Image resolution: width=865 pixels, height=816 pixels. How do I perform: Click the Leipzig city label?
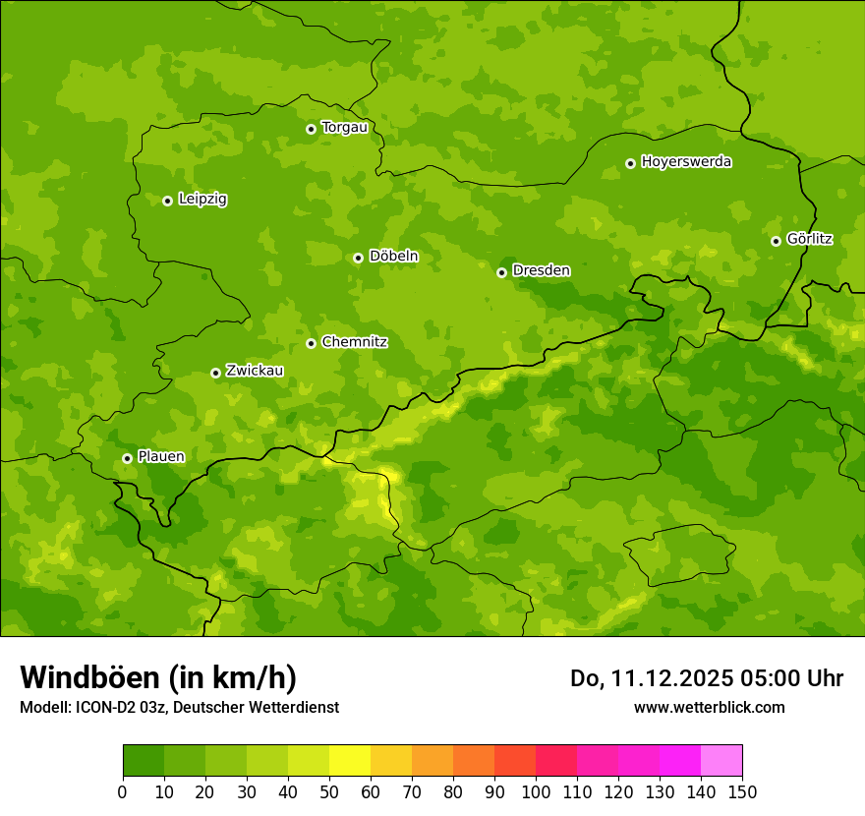coord(202,200)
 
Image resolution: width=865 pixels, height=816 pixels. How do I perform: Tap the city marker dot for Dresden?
coord(501,272)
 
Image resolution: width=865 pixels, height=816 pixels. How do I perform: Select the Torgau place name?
coord(344,128)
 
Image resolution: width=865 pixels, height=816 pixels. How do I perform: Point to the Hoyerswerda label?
coord(686,162)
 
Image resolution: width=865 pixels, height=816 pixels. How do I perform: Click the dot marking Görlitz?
coord(776,241)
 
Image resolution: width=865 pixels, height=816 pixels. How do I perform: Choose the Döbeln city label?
coord(393,257)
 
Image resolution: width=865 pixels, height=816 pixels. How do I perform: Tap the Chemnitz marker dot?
coord(311,343)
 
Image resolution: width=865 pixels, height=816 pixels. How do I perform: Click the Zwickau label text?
coord(255,372)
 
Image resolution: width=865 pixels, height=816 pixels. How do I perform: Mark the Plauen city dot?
coord(127,458)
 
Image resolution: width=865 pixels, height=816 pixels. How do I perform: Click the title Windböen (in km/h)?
coord(157,678)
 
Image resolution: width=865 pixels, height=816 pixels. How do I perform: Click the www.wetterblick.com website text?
coord(709,708)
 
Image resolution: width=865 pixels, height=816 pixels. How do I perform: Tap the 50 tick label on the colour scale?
coord(328,792)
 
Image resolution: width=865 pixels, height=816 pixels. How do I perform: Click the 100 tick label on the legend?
coord(535,792)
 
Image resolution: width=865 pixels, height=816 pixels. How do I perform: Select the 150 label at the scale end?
coord(741,792)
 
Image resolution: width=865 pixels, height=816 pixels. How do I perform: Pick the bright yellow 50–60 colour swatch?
coord(349,761)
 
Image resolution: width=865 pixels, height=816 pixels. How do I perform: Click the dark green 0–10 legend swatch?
coord(143,761)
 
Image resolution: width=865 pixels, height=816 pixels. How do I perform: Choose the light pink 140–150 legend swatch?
coord(721,761)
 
